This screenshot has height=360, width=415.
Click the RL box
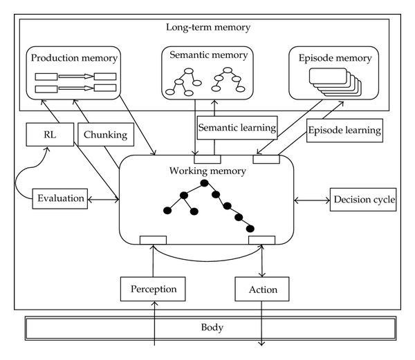tap(50, 134)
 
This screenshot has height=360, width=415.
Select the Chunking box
tap(106, 134)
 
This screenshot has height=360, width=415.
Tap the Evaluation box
tap(60, 199)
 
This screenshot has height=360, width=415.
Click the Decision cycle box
tap(363, 200)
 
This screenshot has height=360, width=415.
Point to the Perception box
tap(153, 289)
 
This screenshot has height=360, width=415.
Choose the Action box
tap(262, 289)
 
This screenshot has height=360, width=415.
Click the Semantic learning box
tap(237, 128)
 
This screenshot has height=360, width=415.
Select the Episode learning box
tap(344, 131)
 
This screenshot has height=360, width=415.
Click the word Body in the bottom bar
tap(212, 328)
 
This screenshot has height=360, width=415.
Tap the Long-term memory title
tap(208, 27)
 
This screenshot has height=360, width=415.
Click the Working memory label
tap(207, 171)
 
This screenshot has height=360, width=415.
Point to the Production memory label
tap(74, 58)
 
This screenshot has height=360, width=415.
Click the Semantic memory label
tap(209, 55)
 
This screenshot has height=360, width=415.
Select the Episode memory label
tap(335, 58)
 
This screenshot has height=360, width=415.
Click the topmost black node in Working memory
tap(204, 183)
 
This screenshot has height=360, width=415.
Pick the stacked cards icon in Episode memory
tap(335, 82)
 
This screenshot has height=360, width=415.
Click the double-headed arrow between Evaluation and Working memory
tap(103, 200)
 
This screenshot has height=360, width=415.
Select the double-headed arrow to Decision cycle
tap(312, 200)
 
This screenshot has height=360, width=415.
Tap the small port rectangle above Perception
tap(153, 240)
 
